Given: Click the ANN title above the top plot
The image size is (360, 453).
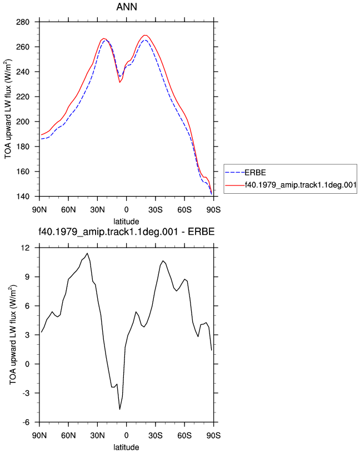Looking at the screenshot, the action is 126,7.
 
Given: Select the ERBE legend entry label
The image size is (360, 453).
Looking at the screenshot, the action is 255,173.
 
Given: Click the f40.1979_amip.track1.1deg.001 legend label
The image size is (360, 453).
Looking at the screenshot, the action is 301,185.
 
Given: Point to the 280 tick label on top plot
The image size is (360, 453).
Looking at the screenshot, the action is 23,22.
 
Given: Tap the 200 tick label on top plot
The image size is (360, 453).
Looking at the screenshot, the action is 23,122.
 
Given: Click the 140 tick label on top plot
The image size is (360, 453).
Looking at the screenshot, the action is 23,197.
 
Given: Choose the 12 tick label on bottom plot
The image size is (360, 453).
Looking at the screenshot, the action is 25,248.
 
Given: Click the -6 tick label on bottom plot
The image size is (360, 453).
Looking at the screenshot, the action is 26,422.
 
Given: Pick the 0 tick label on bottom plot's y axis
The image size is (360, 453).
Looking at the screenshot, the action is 27,364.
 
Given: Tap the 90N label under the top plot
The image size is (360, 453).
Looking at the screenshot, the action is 39,210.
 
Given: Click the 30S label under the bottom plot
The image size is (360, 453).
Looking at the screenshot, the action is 156,436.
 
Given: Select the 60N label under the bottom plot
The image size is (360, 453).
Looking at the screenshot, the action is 68,436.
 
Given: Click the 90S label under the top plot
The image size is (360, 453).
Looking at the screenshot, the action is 213,210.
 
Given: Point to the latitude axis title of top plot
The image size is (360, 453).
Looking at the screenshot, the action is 126,222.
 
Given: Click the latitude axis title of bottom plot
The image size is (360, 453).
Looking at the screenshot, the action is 126,447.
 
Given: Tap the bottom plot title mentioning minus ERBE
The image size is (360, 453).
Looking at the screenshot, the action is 126,231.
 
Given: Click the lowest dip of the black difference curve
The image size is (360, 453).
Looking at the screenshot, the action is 119,409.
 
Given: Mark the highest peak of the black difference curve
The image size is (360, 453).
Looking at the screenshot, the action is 87,253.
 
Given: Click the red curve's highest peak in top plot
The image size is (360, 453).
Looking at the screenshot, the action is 145,35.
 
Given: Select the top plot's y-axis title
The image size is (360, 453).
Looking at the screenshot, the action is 8,109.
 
